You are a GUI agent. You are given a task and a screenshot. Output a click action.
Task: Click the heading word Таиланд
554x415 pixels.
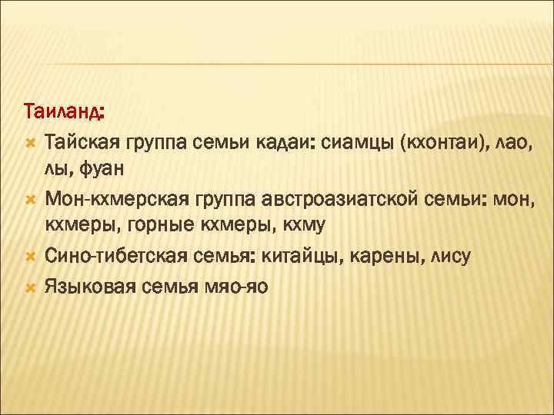pyautogui.click(x=65, y=112)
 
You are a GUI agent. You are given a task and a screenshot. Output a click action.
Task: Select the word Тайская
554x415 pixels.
pyautogui.click(x=85, y=141)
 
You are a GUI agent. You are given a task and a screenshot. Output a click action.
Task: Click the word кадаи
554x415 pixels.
pyautogui.click(x=287, y=141)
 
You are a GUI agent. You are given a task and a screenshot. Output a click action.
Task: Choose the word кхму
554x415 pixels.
pyautogui.click(x=305, y=224)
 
